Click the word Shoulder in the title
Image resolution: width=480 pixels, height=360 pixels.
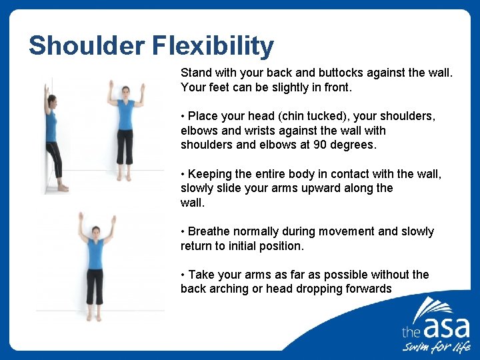(x=87, y=46)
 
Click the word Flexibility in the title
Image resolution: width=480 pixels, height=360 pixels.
(x=213, y=46)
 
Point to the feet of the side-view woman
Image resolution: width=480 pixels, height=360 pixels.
(x=61, y=188)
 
